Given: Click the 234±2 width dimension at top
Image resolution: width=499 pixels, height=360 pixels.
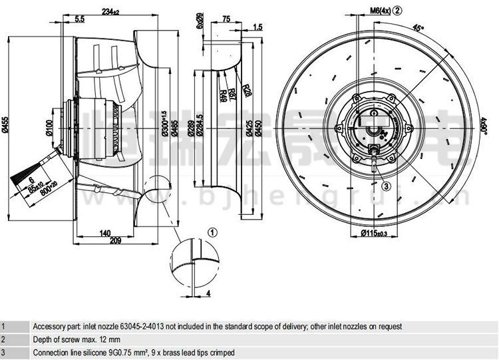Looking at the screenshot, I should click(x=110, y=11).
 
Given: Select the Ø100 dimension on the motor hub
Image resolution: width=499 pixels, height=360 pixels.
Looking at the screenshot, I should click(x=49, y=126).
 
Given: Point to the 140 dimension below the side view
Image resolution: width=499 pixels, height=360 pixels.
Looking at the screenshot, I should click(x=104, y=234).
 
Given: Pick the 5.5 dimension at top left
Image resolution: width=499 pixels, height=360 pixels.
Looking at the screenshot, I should click(x=80, y=19).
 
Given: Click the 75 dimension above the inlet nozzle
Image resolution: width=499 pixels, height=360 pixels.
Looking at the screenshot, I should click(x=226, y=20).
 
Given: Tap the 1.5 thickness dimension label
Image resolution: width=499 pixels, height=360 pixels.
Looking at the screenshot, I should click(x=258, y=27).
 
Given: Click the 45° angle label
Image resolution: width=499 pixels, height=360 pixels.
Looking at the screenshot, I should click(x=416, y=28).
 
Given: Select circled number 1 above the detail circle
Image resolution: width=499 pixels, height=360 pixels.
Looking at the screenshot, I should click(x=212, y=232).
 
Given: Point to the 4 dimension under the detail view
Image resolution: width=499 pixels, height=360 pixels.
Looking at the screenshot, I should click(x=208, y=293).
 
